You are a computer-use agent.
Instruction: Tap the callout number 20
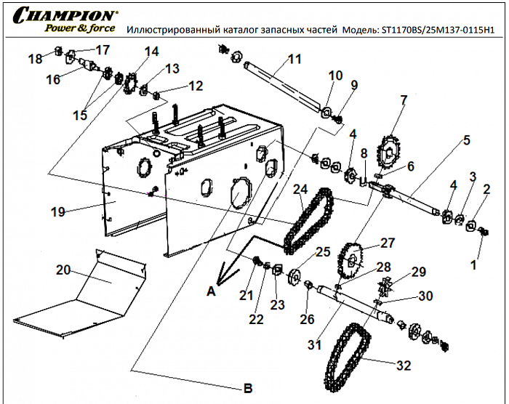click(65, 270)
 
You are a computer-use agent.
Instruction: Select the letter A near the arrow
click(211, 291)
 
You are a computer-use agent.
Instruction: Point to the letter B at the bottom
click(247, 387)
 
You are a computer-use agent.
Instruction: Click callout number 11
click(294, 58)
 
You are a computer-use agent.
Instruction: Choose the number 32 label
click(404, 366)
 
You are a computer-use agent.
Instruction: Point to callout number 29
click(417, 272)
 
